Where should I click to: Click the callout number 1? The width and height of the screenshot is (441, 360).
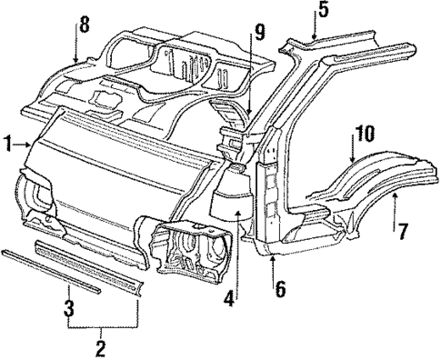(x=7, y=143)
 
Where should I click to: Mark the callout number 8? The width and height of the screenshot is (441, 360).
(x=84, y=25)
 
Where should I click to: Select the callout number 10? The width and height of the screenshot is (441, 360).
(x=364, y=134)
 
